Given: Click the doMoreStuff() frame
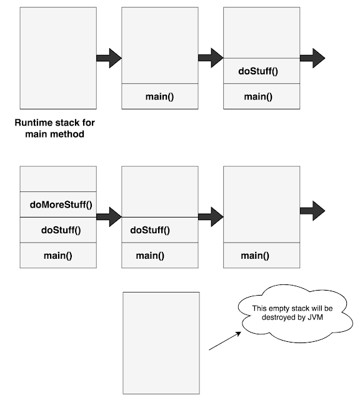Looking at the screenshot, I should coord(59,204).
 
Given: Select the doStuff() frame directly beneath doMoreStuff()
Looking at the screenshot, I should coord(59,230).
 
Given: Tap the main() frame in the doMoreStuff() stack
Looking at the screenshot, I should coord(59,255).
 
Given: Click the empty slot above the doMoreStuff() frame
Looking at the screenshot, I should coord(59,179).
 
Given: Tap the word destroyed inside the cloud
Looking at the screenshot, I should coord(276,318).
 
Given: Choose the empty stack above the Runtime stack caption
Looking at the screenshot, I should coord(58,58).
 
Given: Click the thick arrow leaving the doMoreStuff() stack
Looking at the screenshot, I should coord(109,217).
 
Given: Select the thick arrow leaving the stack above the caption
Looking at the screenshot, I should coord(109,58).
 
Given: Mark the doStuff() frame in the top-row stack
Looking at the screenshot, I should coord(261,71).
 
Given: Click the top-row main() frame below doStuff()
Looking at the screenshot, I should coord(261,96).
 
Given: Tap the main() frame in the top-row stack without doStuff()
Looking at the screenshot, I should coord(160,96).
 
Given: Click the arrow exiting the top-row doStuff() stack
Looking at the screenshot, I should coord(312,58).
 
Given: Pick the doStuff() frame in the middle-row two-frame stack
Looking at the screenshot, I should coord(160,230).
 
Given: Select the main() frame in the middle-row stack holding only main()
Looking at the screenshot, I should coord(261,255).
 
